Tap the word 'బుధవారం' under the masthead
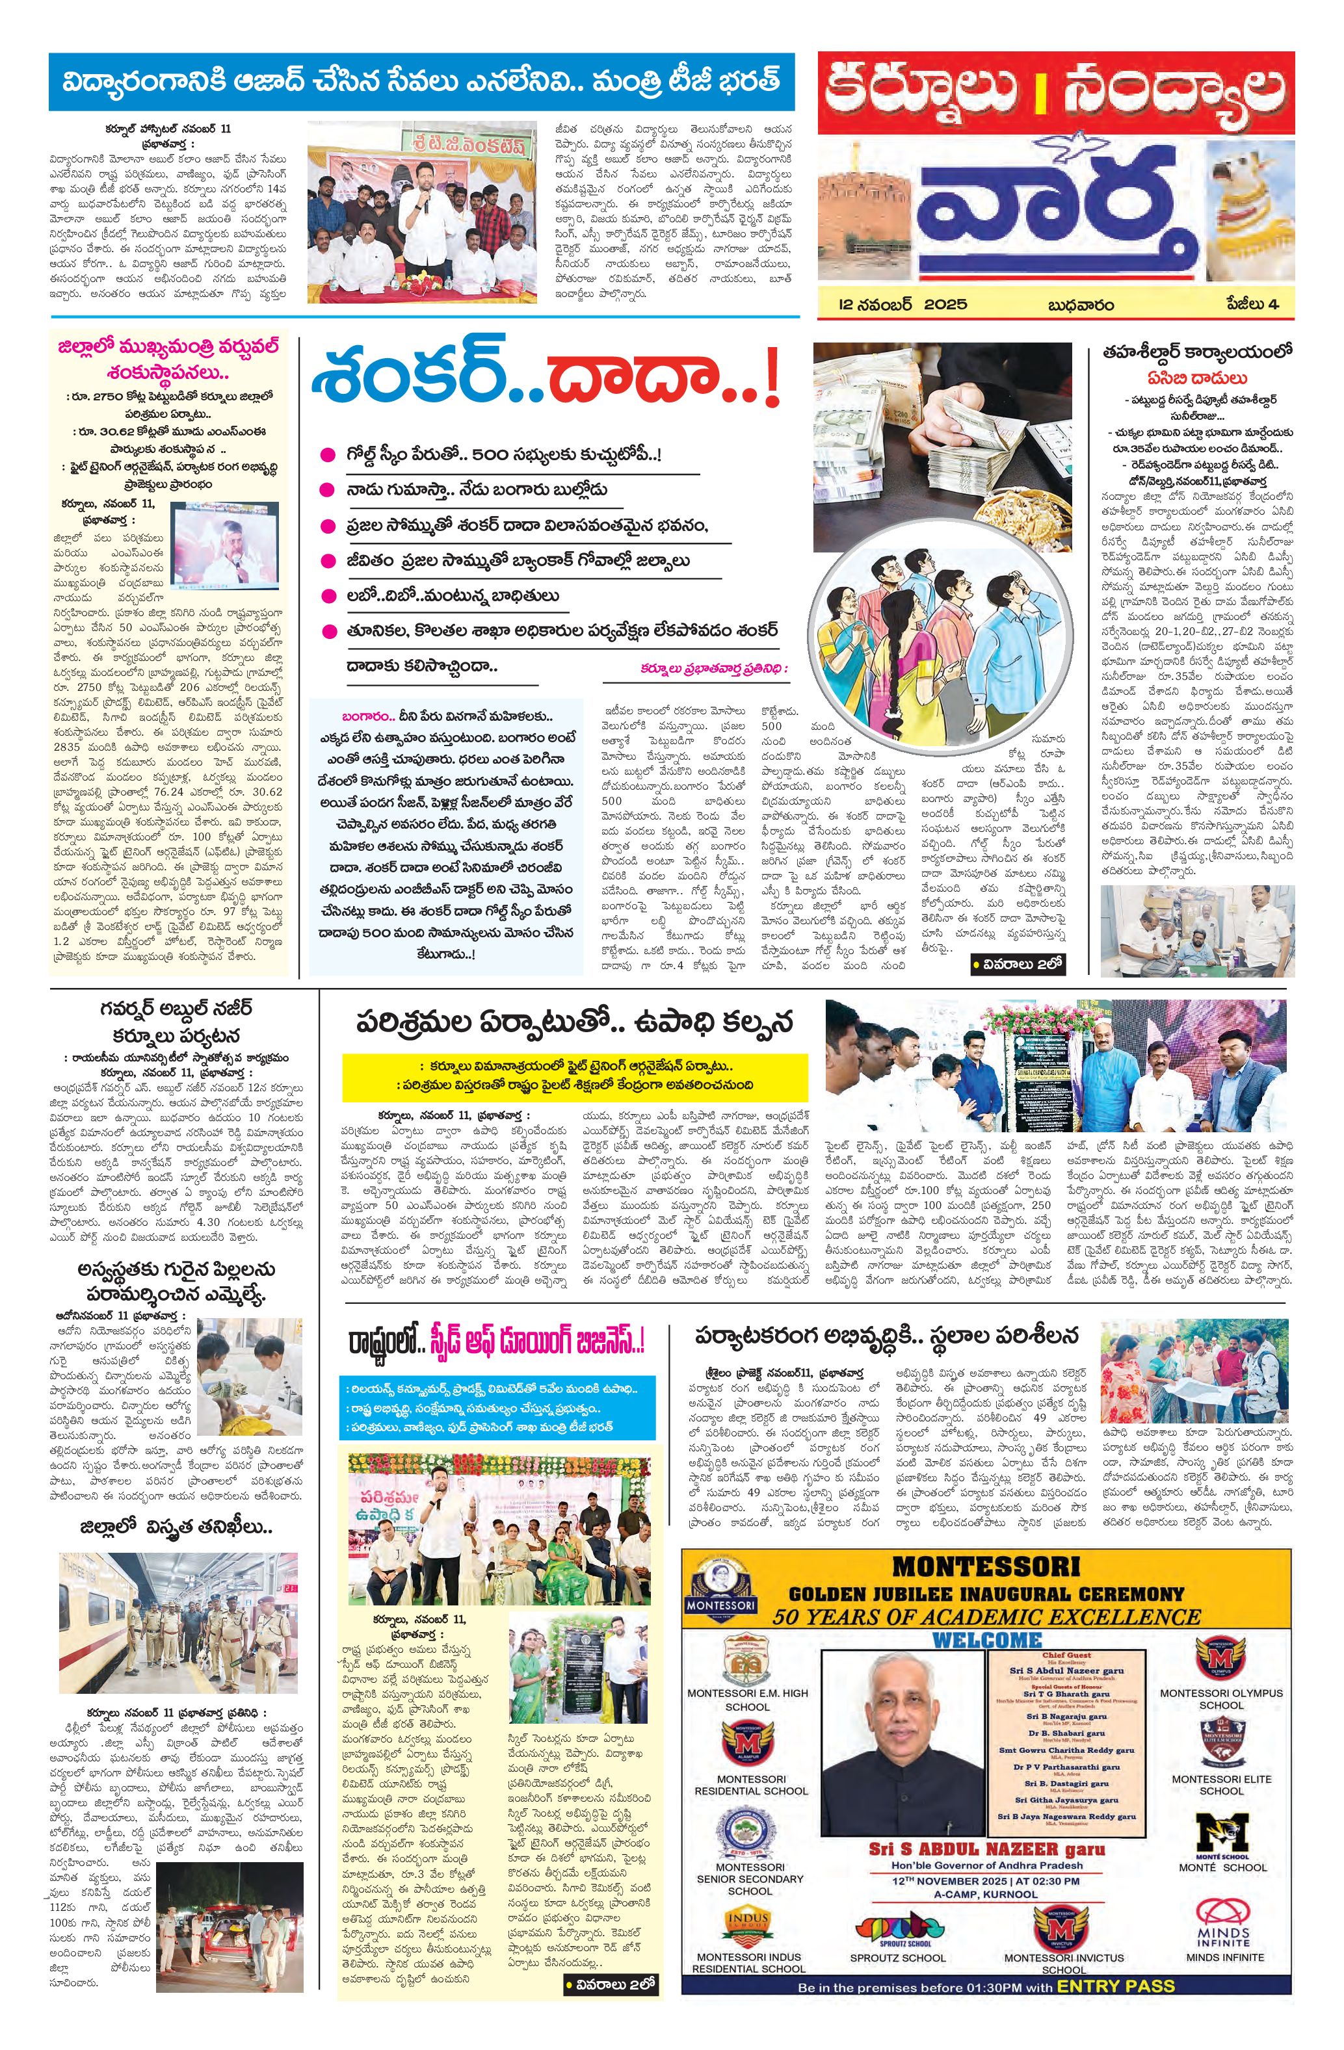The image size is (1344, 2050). point(1079,305)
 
